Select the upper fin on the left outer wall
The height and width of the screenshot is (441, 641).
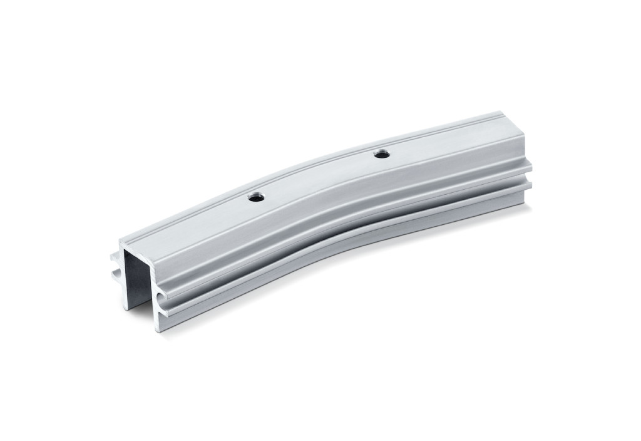pyautogui.click(x=114, y=256)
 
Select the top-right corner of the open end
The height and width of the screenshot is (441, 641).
pyautogui.click(x=156, y=250)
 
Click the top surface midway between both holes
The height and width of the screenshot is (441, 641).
pyautogui.click(x=319, y=175)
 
